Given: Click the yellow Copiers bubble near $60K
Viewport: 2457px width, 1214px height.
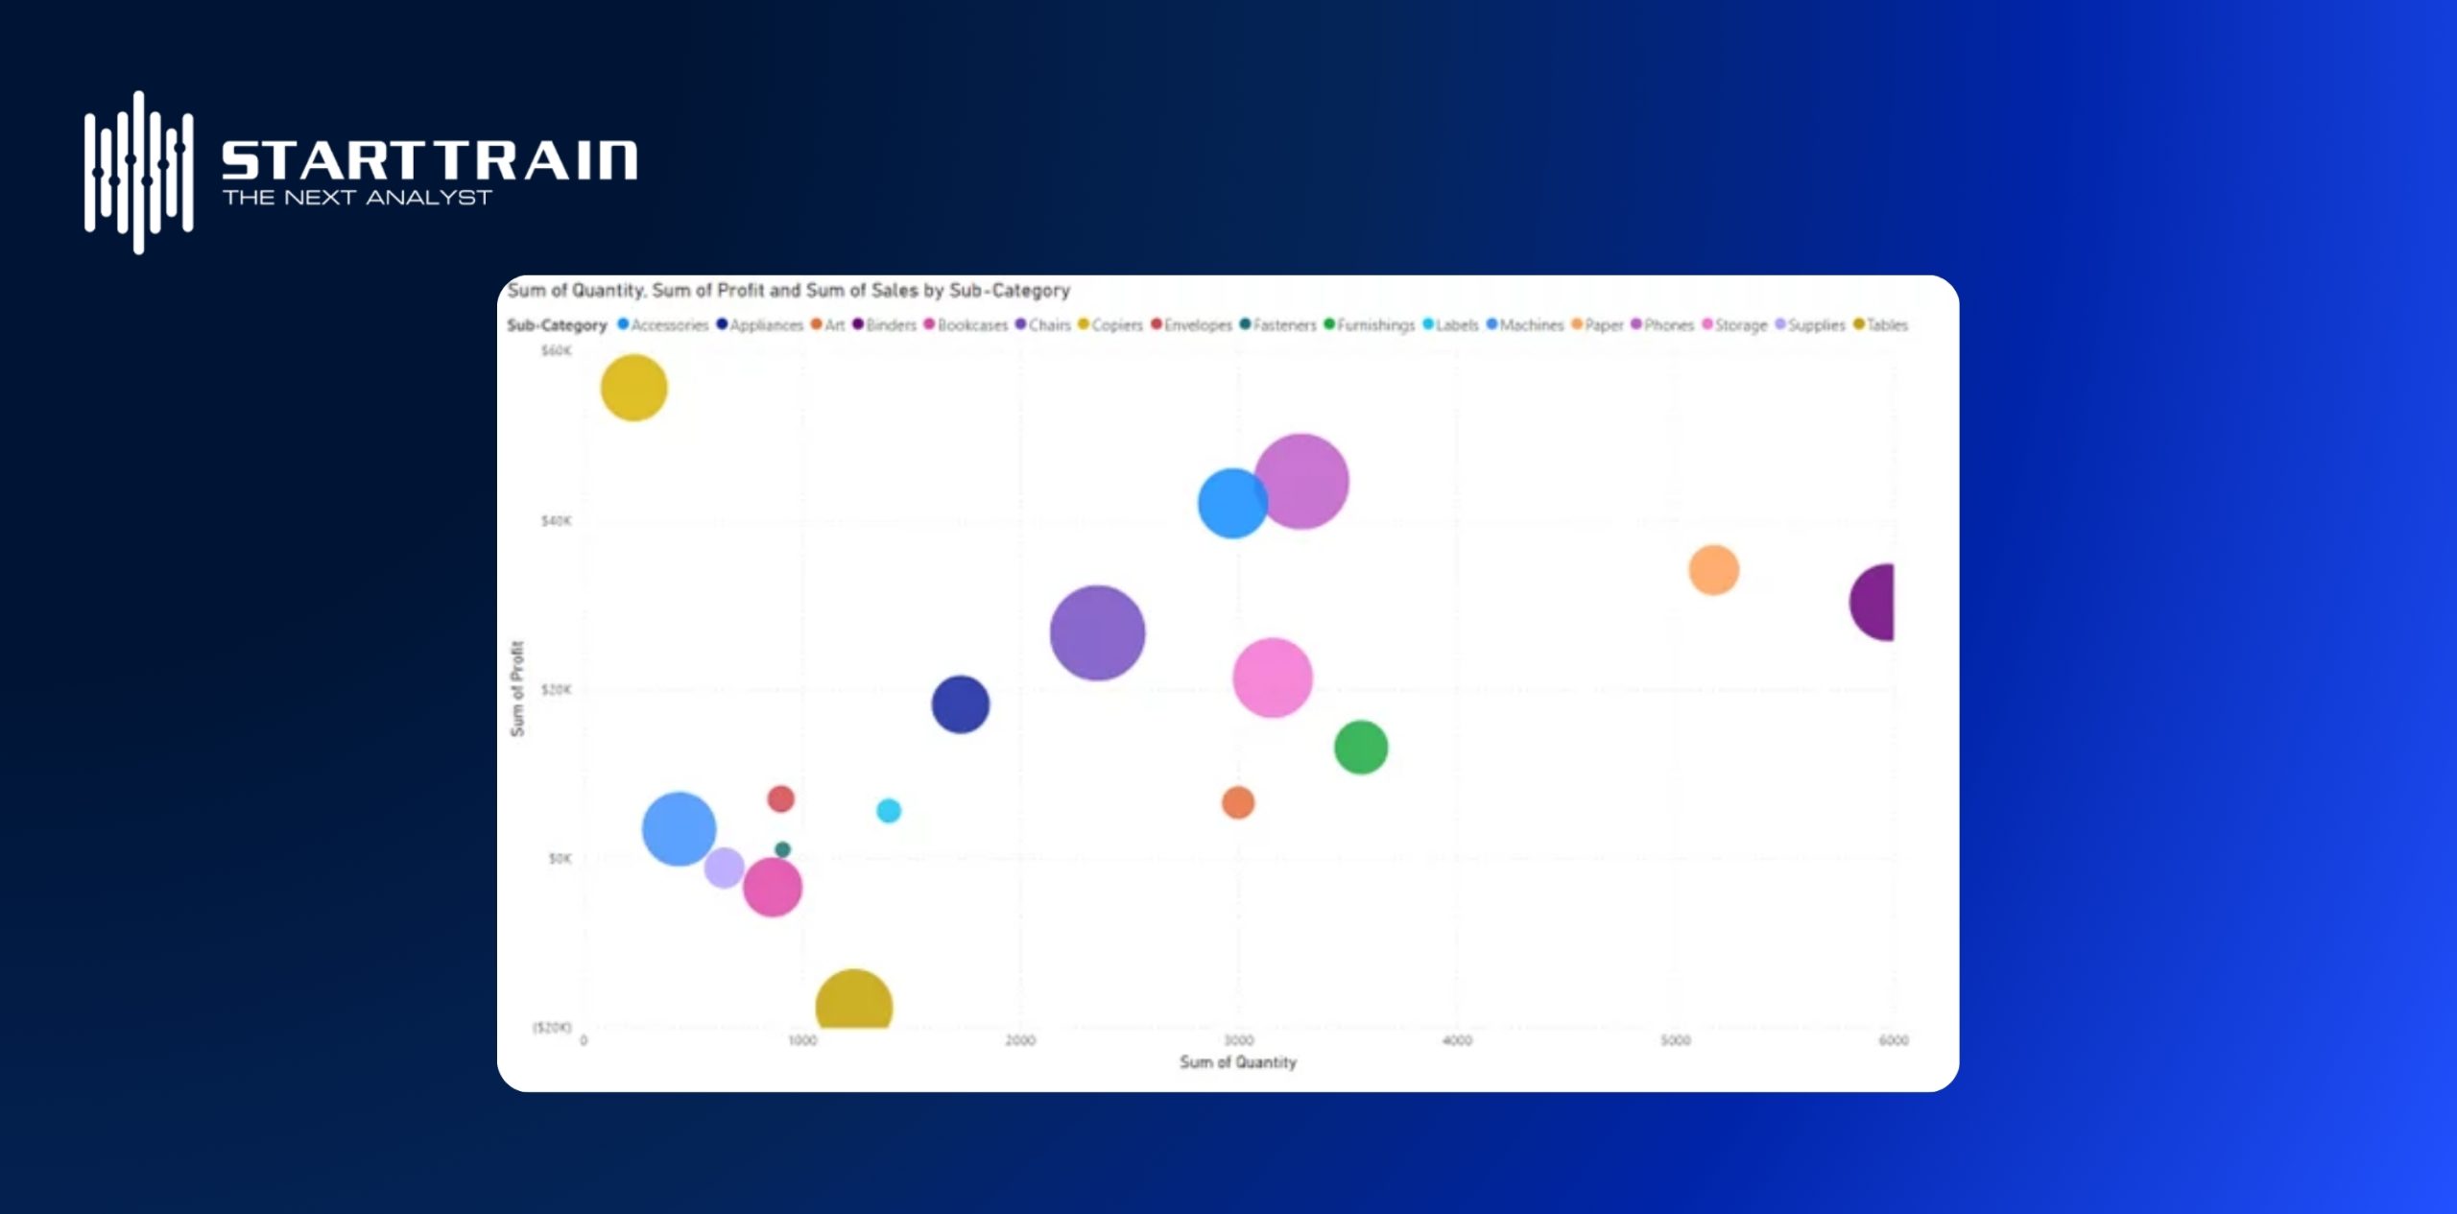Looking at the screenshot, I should click(633, 388).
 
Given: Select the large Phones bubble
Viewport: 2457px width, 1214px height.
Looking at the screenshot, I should click(1302, 481).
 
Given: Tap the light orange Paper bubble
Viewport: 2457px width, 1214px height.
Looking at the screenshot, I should click(1713, 570).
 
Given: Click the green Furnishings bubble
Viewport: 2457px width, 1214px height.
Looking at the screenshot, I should click(1361, 747).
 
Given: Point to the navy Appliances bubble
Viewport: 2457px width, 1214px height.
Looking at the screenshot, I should click(960, 704).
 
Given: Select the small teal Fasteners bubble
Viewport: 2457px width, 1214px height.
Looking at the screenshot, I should click(782, 849).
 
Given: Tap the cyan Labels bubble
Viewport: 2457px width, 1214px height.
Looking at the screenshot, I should click(889, 811).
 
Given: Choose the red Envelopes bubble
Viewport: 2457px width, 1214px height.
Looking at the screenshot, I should click(781, 798).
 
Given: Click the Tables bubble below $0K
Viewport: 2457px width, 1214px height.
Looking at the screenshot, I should click(853, 1003).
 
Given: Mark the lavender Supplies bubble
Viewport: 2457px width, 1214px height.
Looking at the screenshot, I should click(724, 868).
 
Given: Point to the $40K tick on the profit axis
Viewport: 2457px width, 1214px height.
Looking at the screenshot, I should click(556, 521).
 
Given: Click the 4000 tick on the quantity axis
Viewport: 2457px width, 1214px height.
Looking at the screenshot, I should click(1457, 1040).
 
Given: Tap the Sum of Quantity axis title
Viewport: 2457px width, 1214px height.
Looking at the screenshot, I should click(1237, 1062).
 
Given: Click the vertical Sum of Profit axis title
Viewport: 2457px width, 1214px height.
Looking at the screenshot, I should click(517, 689).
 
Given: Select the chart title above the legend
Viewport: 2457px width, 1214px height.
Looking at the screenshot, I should click(788, 290).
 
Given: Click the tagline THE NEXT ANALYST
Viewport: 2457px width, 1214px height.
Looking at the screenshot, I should click(357, 198).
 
